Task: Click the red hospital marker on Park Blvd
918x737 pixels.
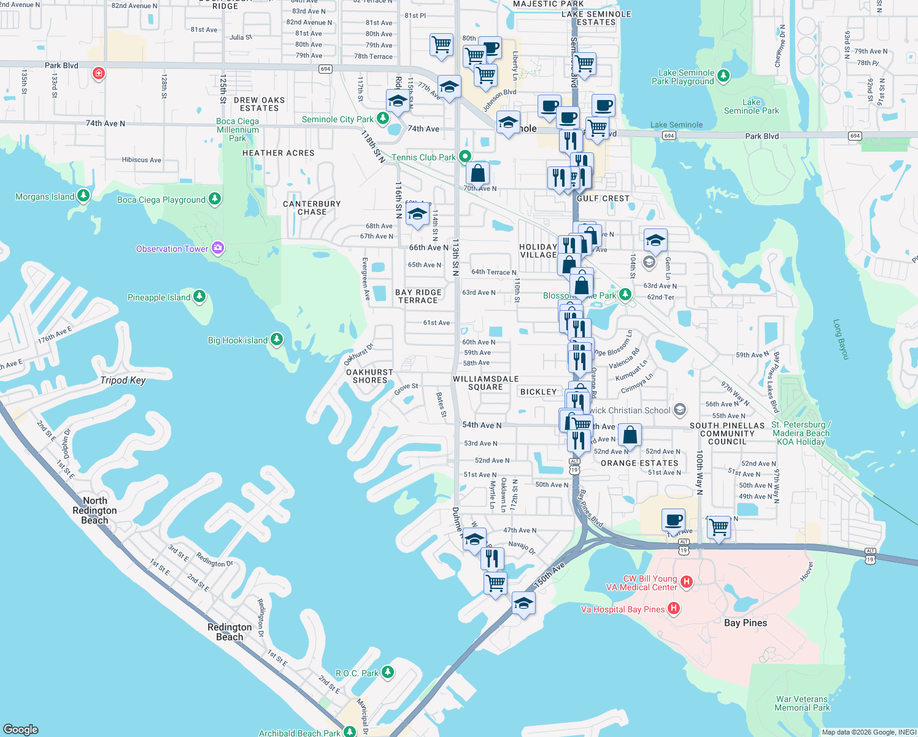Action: (x=98, y=74)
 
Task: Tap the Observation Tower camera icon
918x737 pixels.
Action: (x=217, y=248)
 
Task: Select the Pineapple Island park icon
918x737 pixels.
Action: (x=199, y=297)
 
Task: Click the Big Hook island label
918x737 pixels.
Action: (x=237, y=340)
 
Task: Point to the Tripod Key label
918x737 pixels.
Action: (x=123, y=380)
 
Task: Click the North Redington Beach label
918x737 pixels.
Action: (x=94, y=510)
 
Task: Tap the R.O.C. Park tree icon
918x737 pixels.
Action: (x=387, y=673)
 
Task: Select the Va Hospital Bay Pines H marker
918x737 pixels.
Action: (x=674, y=609)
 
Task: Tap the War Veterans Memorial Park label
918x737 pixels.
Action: (x=801, y=703)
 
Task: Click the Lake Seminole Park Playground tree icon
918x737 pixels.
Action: (x=723, y=76)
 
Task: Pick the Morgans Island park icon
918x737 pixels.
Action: (x=83, y=197)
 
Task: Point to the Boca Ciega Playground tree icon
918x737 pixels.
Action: (x=214, y=199)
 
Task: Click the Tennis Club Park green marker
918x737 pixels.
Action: (x=465, y=157)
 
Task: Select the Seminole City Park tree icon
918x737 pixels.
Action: (x=383, y=118)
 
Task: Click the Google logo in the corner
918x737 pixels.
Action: (x=20, y=729)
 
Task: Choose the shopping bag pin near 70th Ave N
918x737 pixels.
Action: (x=477, y=173)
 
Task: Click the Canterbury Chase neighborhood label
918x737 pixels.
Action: (x=312, y=208)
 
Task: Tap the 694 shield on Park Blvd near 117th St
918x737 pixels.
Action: (x=326, y=69)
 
